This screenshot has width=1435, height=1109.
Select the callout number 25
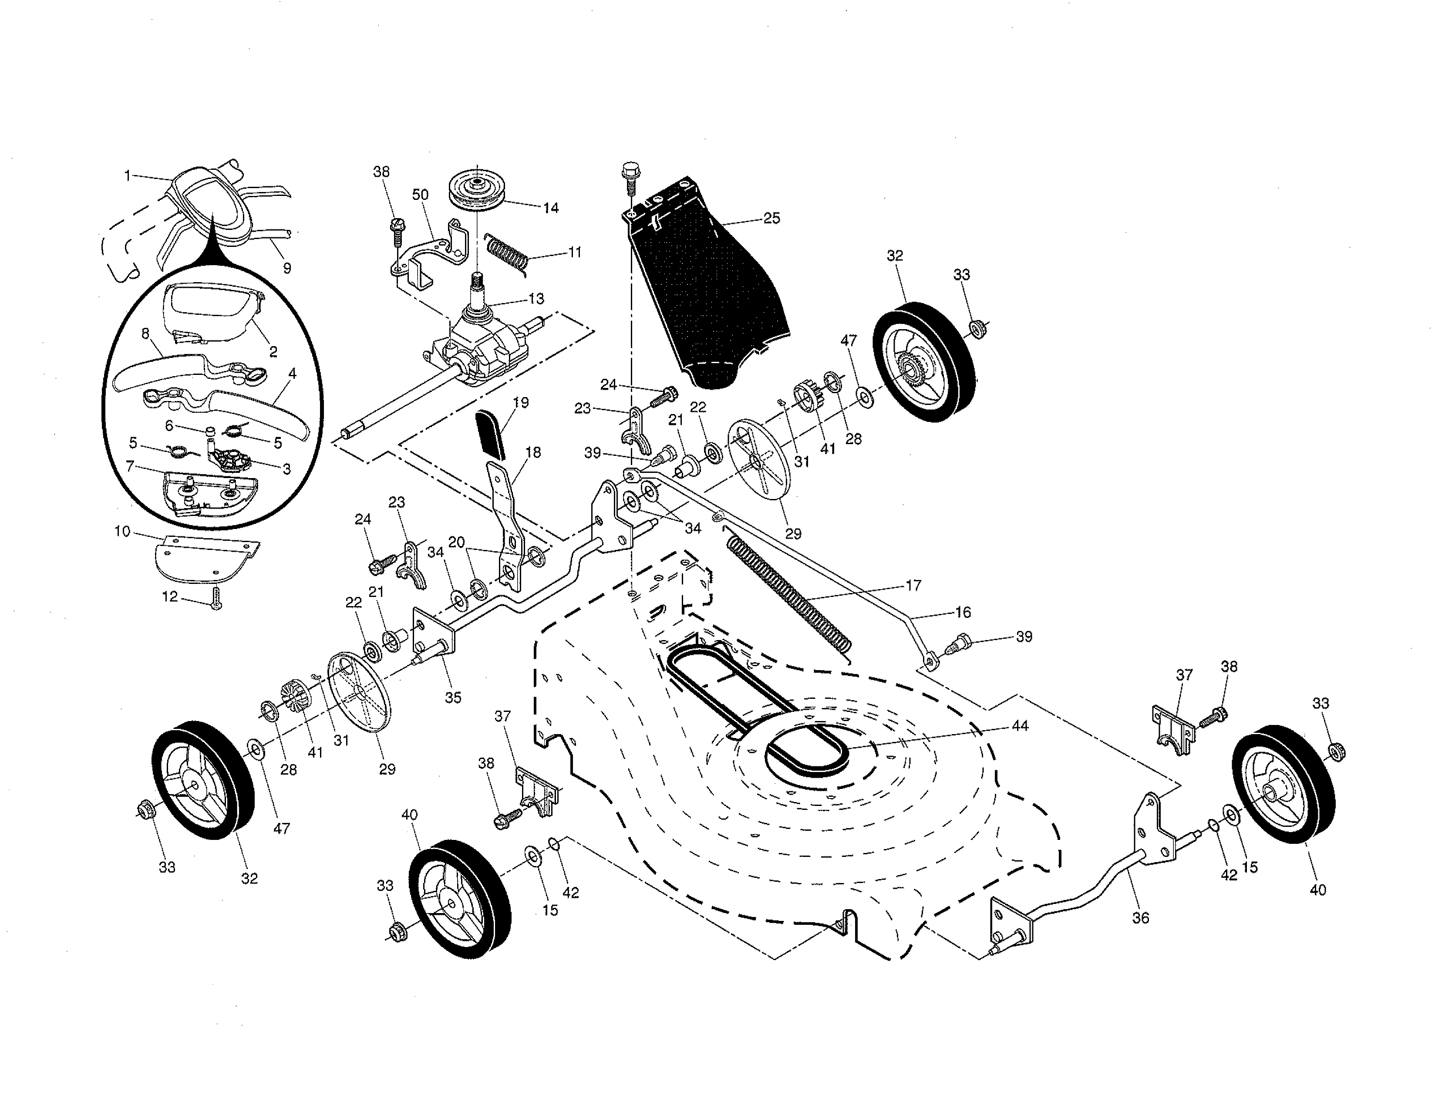click(771, 218)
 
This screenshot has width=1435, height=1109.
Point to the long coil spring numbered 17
click(788, 595)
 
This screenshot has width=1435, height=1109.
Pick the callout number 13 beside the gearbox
click(536, 299)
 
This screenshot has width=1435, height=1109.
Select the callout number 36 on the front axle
click(1141, 918)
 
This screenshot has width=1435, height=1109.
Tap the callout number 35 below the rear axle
click(453, 698)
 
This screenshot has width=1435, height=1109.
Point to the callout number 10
click(123, 532)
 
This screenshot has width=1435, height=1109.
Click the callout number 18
click(533, 453)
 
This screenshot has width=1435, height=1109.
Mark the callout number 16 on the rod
click(963, 612)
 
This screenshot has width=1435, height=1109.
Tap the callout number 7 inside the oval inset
click(130, 466)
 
